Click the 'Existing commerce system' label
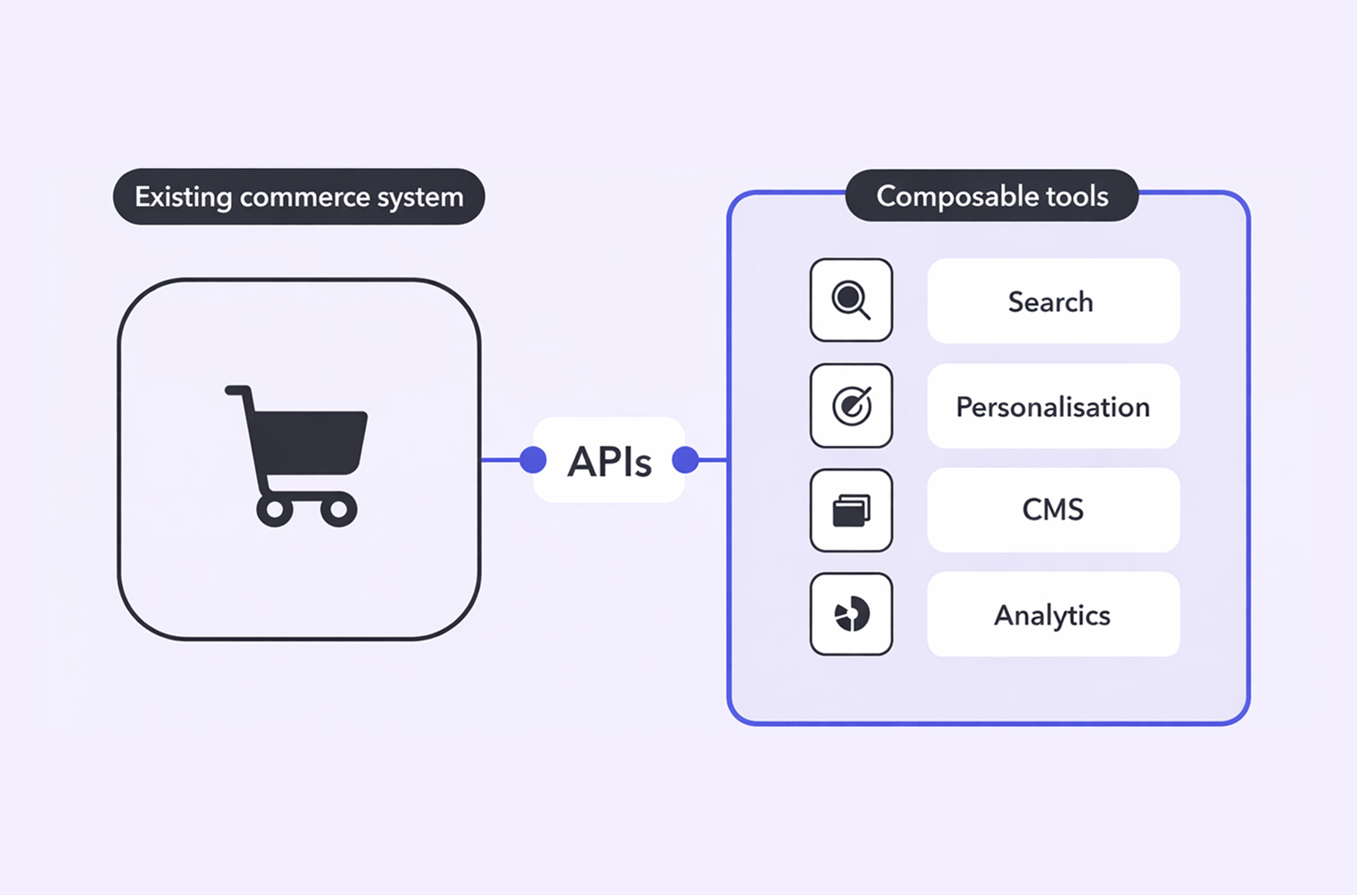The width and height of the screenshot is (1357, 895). tap(298, 197)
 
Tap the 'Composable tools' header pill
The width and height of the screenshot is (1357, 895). tap(992, 196)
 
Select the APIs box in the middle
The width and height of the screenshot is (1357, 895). tap(609, 461)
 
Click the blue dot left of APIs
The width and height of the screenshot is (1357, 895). tap(533, 460)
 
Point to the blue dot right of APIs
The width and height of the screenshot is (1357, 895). tap(686, 460)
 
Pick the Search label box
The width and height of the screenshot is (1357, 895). tap(1052, 301)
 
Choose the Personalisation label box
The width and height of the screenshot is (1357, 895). tap(1052, 406)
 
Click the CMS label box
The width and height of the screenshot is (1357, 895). tap(1052, 510)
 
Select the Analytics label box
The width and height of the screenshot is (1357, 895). tap(1052, 615)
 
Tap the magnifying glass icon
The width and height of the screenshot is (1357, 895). tap(850, 300)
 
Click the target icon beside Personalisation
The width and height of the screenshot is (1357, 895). tap(851, 405)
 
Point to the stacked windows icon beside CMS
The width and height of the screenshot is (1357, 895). tap(851, 510)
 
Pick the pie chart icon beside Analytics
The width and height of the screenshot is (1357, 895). tap(851, 615)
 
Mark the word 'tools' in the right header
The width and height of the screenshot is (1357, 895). tap(1076, 196)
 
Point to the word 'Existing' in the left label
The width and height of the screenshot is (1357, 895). tap(183, 197)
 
